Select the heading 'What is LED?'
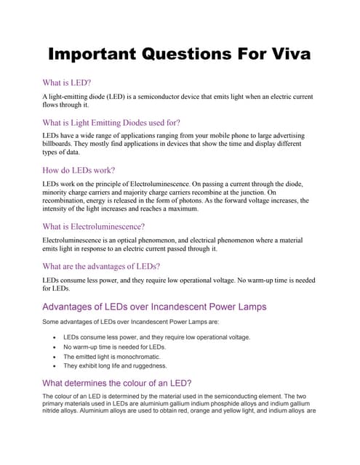(x=66, y=83)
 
